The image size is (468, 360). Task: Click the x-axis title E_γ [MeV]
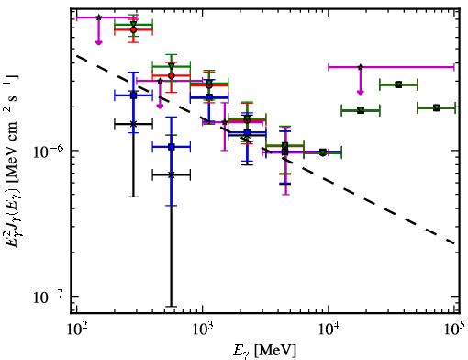[x=264, y=351]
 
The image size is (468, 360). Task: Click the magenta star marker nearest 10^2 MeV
[x=98, y=17]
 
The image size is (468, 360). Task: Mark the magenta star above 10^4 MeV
[x=361, y=67]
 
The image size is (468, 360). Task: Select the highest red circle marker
[x=133, y=29]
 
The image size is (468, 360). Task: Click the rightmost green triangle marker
[x=437, y=107]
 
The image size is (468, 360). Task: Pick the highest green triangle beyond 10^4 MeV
[x=398, y=84]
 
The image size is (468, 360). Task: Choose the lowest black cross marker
[x=172, y=174]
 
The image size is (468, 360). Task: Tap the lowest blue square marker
[x=172, y=147]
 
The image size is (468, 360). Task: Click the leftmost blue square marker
[x=133, y=96]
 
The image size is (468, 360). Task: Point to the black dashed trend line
[x=265, y=150]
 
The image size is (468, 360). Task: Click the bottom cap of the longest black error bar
[x=172, y=306]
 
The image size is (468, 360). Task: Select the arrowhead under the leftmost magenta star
[x=98, y=42]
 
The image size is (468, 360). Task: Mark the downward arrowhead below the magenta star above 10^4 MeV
[x=361, y=92]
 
